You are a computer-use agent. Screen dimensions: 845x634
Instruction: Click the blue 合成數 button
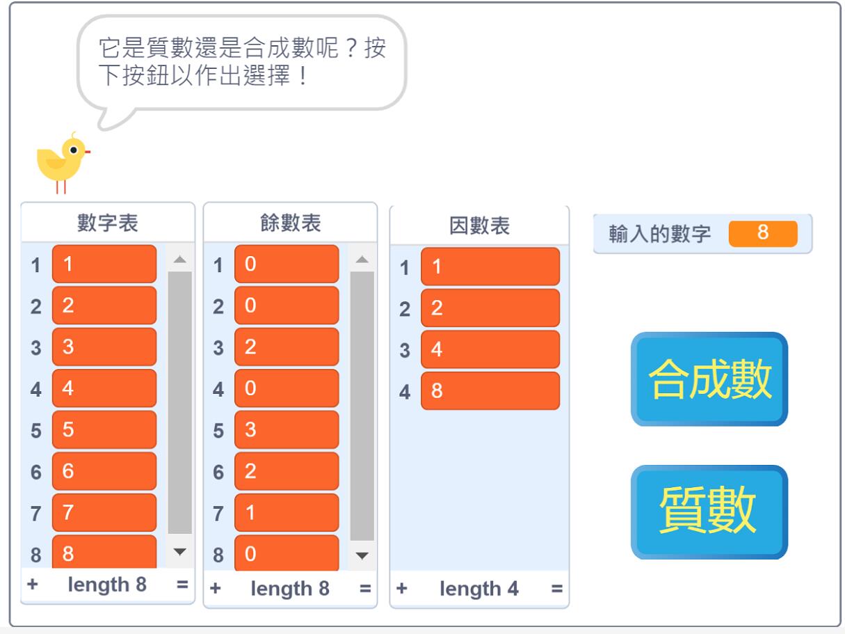(x=709, y=379)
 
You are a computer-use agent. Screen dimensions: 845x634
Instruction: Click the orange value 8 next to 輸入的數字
(x=763, y=233)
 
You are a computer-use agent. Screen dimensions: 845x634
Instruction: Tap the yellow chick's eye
(x=73, y=150)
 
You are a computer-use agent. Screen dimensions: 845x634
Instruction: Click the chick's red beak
(x=88, y=152)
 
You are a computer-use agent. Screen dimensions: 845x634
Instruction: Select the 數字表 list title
(x=107, y=223)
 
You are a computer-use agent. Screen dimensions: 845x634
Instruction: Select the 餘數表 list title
(x=290, y=223)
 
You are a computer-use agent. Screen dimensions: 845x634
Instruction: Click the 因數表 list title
(x=479, y=225)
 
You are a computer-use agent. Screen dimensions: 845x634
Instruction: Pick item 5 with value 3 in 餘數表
(x=287, y=429)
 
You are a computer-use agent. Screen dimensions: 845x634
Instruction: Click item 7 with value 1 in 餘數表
(x=287, y=512)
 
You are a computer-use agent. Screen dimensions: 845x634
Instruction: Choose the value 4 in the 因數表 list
(x=490, y=349)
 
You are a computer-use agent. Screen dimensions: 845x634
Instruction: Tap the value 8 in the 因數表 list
(x=490, y=390)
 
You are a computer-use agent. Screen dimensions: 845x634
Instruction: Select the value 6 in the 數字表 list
(x=104, y=470)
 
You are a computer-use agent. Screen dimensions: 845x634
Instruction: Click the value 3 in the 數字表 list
(x=104, y=347)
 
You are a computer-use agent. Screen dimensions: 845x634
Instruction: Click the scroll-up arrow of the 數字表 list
(x=179, y=259)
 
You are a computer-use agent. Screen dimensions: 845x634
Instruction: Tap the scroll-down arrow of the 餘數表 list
(x=362, y=555)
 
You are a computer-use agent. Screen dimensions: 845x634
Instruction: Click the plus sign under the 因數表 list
(x=401, y=588)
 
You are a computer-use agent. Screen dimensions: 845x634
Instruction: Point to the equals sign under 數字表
(x=182, y=585)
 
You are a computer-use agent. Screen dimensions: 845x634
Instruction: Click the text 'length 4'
(x=479, y=589)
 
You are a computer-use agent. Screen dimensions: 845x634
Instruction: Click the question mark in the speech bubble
(x=351, y=49)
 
